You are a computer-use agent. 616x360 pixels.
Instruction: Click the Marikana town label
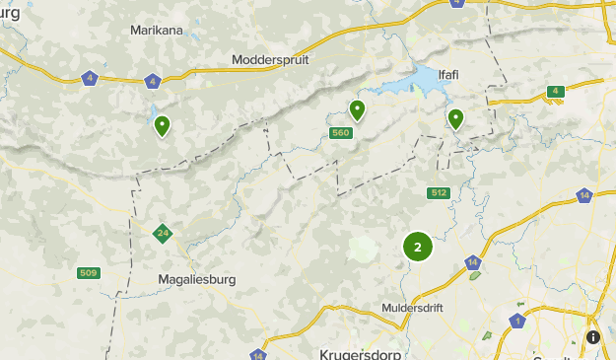pos(157,31)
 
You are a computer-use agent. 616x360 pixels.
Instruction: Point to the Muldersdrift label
pos(413,309)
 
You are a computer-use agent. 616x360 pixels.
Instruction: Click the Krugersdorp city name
pos(356,353)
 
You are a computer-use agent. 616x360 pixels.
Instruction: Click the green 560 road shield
pos(341,133)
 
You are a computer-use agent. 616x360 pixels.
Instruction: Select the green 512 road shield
pos(439,192)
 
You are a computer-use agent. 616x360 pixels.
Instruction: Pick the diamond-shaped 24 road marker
pos(163,234)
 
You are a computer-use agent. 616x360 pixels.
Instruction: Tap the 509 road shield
pos(89,272)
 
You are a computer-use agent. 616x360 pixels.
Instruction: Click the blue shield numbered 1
pos(517,321)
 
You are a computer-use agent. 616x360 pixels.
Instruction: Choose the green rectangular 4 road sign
pos(556,92)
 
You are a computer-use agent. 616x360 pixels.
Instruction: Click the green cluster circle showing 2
pos(418,247)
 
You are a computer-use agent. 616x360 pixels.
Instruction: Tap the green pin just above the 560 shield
pos(357,108)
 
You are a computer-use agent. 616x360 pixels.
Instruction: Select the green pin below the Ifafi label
pos(455,118)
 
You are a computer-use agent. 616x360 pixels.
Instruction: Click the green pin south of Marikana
pos(162,125)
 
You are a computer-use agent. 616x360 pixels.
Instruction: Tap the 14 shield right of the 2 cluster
pos(473,262)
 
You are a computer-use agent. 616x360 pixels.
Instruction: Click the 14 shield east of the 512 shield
pos(584,195)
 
